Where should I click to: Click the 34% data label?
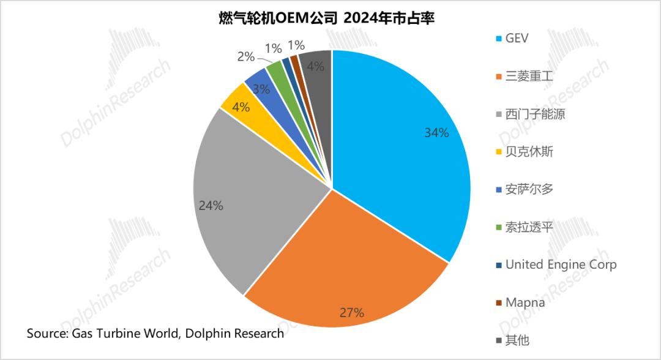tap(437, 132)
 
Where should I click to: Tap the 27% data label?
tap(352, 312)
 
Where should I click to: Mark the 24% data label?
tap(211, 206)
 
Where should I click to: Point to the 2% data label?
tap(245, 56)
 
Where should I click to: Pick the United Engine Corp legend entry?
tap(561, 264)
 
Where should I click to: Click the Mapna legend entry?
tap(525, 302)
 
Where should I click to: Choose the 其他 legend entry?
tap(517, 340)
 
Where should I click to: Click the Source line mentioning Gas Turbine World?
tap(155, 334)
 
